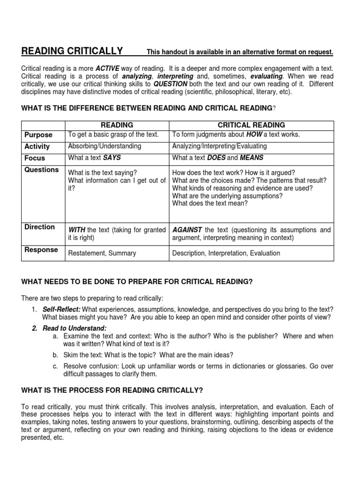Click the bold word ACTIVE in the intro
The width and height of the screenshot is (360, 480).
[108, 68]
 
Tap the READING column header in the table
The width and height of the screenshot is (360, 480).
[117, 125]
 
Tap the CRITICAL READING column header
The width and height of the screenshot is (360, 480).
[251, 125]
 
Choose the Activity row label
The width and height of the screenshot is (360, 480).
[37, 147]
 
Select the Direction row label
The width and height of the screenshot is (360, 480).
[39, 227]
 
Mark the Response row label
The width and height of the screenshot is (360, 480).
[41, 250]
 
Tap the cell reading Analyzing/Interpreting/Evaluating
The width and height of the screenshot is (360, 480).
[219, 146]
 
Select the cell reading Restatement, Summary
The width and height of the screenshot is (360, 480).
[102, 253]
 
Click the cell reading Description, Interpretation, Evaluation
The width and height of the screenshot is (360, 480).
[226, 253]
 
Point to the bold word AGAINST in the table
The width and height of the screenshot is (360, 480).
[187, 230]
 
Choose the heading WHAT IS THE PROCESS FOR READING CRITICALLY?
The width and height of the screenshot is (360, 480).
[112, 390]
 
